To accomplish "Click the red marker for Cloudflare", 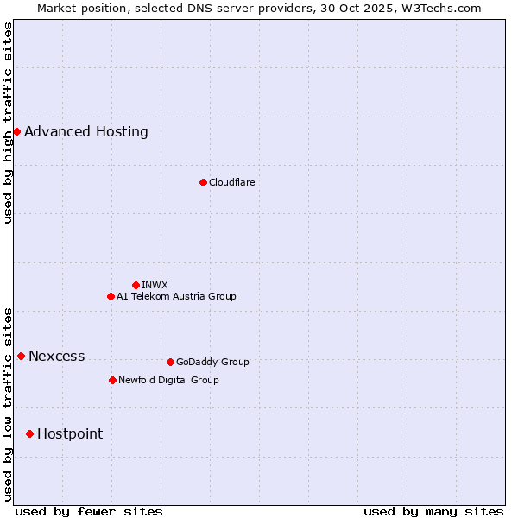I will pos(203,182).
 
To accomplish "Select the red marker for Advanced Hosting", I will pos(16,131).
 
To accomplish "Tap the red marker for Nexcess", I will pos(21,356).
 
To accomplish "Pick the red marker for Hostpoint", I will pos(29,433).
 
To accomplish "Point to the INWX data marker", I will pos(136,285).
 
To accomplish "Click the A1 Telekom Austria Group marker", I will pos(111,296).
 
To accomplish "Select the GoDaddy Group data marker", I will pos(170,362).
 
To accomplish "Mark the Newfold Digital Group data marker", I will pos(112,380).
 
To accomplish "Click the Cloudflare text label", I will pos(231,182).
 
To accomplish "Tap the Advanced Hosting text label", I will pos(86,131).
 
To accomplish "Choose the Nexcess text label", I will pos(57,356).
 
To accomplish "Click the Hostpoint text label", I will pos(70,433).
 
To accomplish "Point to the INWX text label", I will pos(155,285).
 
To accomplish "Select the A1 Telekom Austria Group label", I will pos(176,296).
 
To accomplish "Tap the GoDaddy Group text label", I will pos(212,362).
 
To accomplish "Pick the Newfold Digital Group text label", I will pos(168,380).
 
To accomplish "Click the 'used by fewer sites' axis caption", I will pos(89,511).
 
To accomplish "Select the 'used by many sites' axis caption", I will pos(433,511).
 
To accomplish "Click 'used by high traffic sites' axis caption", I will pos(8,123).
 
